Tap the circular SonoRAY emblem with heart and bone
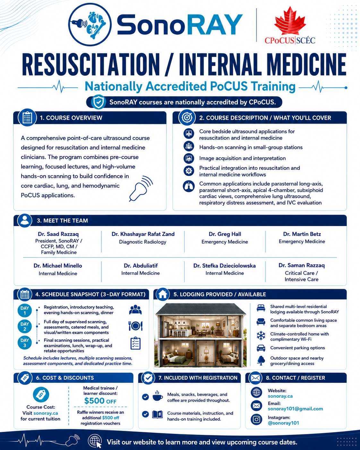pyautogui.click(x=90, y=24)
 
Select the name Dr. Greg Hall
pyautogui.click(x=225, y=234)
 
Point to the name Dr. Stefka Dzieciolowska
pyautogui.click(x=224, y=265)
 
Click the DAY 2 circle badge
pyautogui.click(x=25, y=326)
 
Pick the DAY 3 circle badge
pyautogui.click(x=25, y=342)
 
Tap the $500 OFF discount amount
pyautogui.click(x=100, y=401)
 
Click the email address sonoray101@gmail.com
pyautogui.click(x=295, y=409)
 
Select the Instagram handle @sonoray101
pyautogui.click(x=283, y=423)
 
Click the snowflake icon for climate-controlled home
pyautogui.click(x=261, y=336)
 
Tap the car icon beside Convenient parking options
pyautogui.click(x=261, y=348)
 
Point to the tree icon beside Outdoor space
pyautogui.click(x=261, y=360)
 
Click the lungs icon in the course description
pyautogui.click(x=189, y=186)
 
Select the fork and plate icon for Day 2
pyautogui.click(x=135, y=326)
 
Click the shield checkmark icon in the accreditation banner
pyautogui.click(x=99, y=102)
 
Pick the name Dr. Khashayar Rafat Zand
pyautogui.click(x=143, y=234)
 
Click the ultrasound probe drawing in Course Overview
pyautogui.click(x=141, y=188)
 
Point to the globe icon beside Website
pyautogui.click(x=256, y=392)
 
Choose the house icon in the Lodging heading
pyautogui.click(x=163, y=294)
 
